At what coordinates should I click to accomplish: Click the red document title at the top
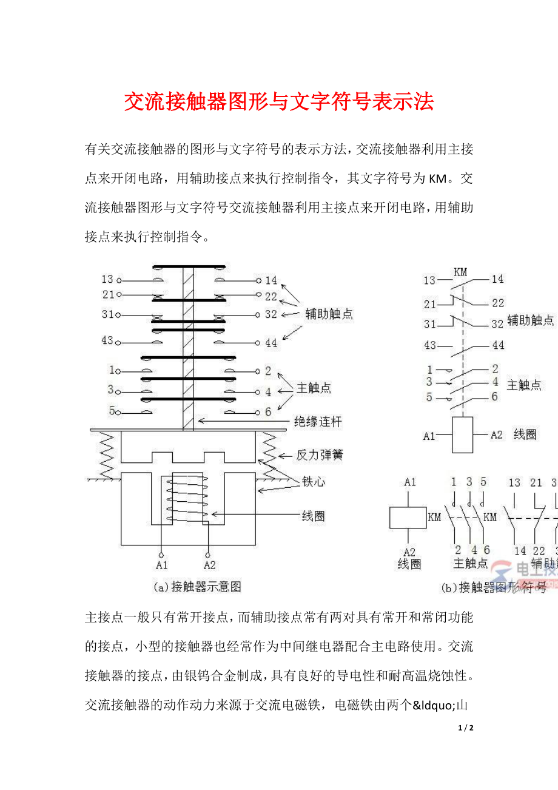tap(279, 102)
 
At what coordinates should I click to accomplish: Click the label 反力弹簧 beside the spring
tap(318, 454)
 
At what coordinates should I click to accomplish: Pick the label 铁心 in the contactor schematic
tap(314, 482)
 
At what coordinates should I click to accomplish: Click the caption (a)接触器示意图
tap(197, 587)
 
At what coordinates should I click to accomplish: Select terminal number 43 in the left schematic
tap(107, 340)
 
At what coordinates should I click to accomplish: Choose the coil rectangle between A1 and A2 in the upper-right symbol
tap(462, 434)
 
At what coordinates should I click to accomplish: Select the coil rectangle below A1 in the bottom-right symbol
tap(408, 518)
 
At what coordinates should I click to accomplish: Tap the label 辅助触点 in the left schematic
tap(329, 314)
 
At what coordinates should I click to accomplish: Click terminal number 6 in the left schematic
tap(267, 412)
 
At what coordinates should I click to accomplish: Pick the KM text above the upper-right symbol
tap(460, 272)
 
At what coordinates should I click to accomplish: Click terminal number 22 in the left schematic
tap(271, 296)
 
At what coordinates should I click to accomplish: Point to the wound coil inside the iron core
tap(185, 499)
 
